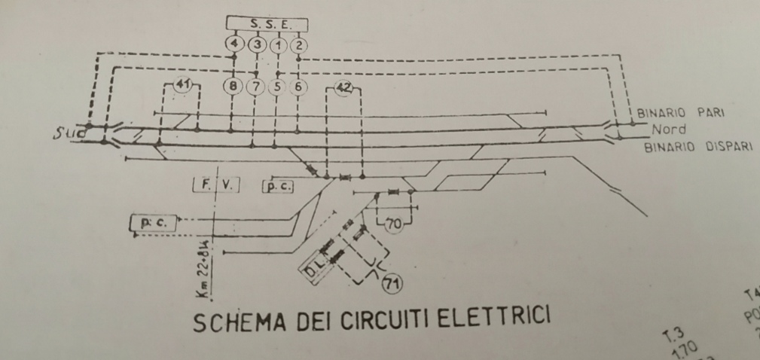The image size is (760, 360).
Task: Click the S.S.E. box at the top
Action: click(x=268, y=23)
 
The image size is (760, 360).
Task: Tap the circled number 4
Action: click(x=235, y=44)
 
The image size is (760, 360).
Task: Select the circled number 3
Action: click(x=257, y=44)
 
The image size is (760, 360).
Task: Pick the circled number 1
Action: click(x=278, y=44)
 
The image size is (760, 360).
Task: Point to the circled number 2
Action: click(x=299, y=44)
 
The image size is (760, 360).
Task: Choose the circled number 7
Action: click(x=256, y=87)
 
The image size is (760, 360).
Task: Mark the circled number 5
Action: click(x=277, y=87)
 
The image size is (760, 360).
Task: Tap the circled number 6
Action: click(x=299, y=87)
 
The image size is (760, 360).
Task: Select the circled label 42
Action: click(x=343, y=89)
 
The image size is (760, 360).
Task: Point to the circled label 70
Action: click(x=393, y=223)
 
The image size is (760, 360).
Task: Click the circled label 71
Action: click(x=392, y=283)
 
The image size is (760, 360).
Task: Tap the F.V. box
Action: click(x=215, y=185)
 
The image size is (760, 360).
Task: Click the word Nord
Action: click(x=667, y=129)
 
